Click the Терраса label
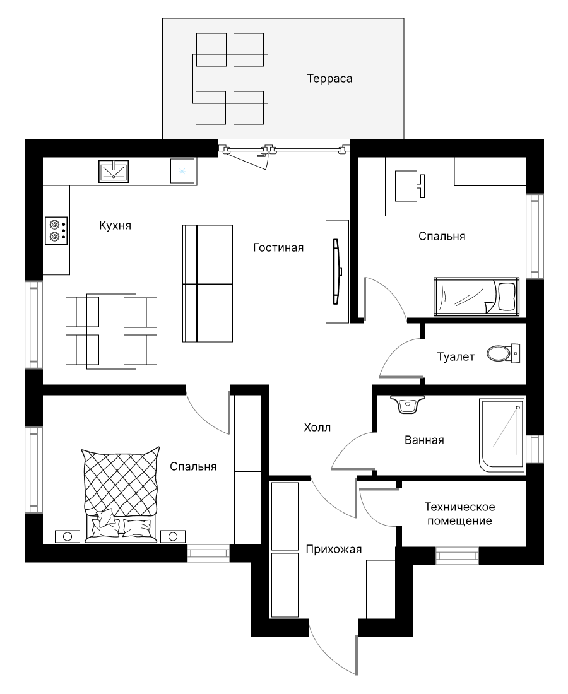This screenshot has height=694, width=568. pos(329,79)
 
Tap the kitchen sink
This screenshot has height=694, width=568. pos(114,171)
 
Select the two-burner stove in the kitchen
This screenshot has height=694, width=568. pos(56,230)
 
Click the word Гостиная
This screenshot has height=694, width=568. pos(278,247)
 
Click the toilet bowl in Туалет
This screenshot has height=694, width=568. pos(503,353)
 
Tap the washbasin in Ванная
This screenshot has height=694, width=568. pos(407,404)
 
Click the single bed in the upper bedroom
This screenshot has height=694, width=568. pos(476,297)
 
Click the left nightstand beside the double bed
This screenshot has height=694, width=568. pos(68,536)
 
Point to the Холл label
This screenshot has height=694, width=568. pos(317,428)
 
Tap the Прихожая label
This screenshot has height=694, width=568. pos(334,550)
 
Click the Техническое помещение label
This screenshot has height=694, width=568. pos(459,514)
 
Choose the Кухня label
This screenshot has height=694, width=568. pos(115,225)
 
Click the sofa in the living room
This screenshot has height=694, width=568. pos(208,284)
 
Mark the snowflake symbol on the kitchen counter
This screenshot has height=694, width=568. pos(182,171)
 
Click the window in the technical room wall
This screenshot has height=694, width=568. pos(458,555)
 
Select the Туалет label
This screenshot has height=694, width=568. pos(456,356)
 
